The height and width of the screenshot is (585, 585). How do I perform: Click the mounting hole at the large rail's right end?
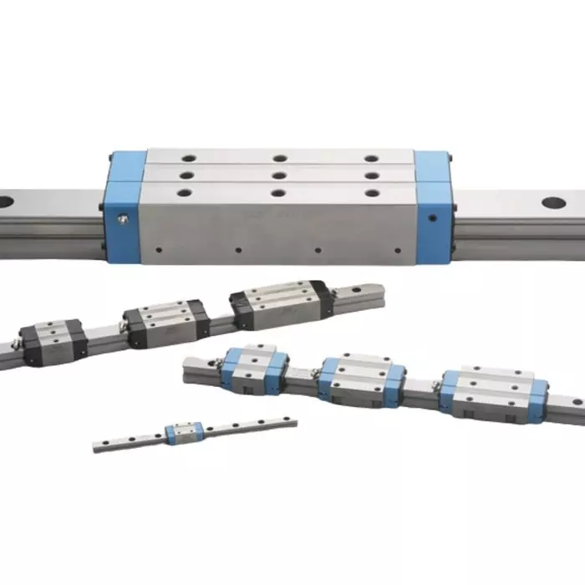552,201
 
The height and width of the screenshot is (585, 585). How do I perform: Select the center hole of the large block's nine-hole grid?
279,175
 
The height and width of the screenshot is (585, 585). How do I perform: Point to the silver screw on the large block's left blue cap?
124,219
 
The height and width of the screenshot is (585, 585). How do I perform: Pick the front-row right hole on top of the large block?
372,192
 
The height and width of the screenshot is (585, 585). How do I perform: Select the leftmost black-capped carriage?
54,340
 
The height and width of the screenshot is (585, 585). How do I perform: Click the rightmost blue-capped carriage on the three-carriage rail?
494,393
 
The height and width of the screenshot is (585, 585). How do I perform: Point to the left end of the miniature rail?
97,445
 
